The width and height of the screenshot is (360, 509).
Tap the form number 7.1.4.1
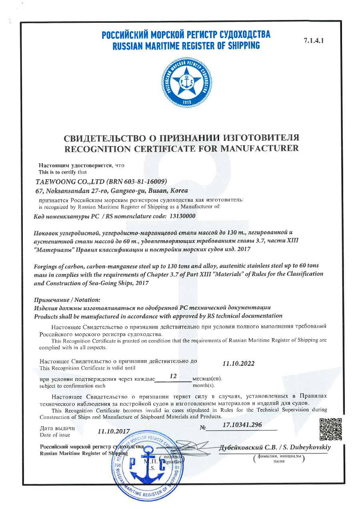313,41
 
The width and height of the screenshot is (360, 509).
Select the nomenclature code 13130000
180,216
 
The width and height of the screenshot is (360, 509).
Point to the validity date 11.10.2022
238,363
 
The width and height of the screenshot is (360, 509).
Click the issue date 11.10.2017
114,431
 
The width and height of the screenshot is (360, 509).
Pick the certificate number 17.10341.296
242,425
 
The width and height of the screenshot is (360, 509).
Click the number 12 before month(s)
173,376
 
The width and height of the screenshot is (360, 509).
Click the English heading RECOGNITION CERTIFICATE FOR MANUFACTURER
182,149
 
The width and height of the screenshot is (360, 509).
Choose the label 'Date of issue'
55,435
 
